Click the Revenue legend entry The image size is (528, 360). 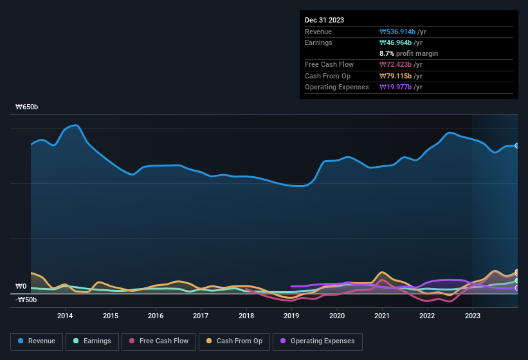(37, 341)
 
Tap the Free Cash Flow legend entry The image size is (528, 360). (159, 341)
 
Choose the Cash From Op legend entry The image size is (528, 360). (234, 341)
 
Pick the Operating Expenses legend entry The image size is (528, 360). (318, 341)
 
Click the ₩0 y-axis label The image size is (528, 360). (21, 287)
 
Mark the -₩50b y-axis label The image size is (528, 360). (26, 300)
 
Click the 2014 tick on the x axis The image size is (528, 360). (65, 316)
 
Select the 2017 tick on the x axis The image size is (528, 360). (201, 316)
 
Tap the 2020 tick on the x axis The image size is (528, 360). (336, 316)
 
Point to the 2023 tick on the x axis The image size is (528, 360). (473, 316)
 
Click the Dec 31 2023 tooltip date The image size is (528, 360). (324, 20)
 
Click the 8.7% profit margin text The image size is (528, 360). (409, 53)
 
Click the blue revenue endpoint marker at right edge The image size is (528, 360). (516, 146)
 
